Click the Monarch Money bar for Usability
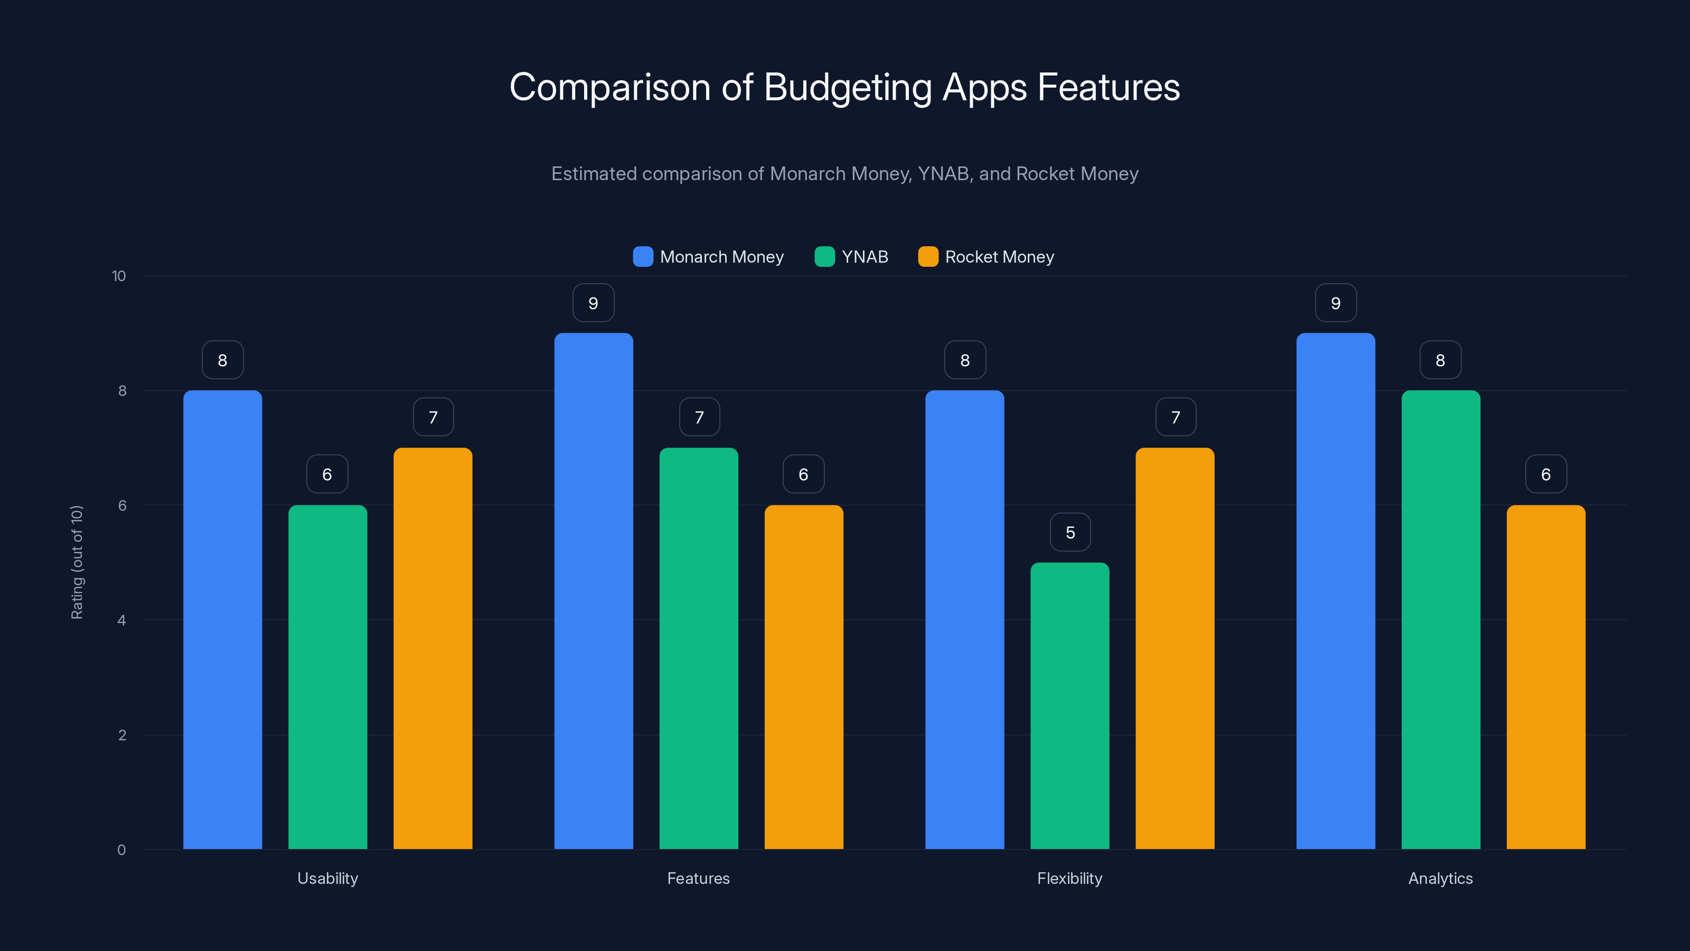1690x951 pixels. pyautogui.click(x=222, y=620)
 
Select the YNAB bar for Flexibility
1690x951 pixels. pyautogui.click(x=1069, y=705)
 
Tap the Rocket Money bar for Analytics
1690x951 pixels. pyautogui.click(x=1546, y=677)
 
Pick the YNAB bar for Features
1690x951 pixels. pyautogui.click(x=699, y=648)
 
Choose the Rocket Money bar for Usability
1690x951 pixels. pyautogui.click(x=433, y=648)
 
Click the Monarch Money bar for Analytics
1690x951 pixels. pyautogui.click(x=1336, y=591)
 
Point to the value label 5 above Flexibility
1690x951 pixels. pyautogui.click(x=1070, y=532)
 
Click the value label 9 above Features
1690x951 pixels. pyautogui.click(x=593, y=303)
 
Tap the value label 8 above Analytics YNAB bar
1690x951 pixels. pyautogui.click(x=1440, y=360)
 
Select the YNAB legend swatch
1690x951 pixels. pyautogui.click(x=824, y=257)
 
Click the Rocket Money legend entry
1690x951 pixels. pyautogui.click(x=999, y=257)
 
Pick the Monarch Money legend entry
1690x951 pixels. pyautogui.click(x=721, y=257)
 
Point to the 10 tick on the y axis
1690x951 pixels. pyautogui.click(x=119, y=276)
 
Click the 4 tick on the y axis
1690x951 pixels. pyautogui.click(x=121, y=620)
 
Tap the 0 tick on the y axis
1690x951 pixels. pyautogui.click(x=121, y=850)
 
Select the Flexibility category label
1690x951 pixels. pyautogui.click(x=1069, y=878)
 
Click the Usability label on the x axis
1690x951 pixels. pyautogui.click(x=327, y=878)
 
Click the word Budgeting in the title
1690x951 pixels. pyautogui.click(x=848, y=87)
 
